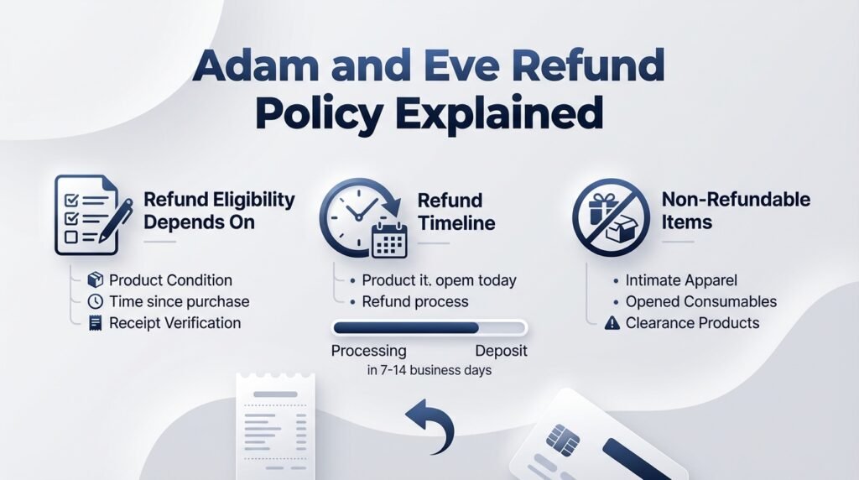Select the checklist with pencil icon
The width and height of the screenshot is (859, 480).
point(92,215)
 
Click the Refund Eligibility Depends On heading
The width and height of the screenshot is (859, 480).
point(219,211)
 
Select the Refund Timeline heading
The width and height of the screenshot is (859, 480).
point(456,211)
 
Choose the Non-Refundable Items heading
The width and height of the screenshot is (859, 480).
point(736,211)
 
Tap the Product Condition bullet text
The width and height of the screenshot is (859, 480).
point(170,280)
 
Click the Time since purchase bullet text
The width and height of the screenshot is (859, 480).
point(179,301)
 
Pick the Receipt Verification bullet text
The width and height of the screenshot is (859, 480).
point(174,322)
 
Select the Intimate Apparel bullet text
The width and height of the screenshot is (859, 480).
point(681,280)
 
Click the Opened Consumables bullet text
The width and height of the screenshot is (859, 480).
point(700,301)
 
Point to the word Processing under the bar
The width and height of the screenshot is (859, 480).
point(368,351)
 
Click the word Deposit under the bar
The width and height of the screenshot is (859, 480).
point(501,351)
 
